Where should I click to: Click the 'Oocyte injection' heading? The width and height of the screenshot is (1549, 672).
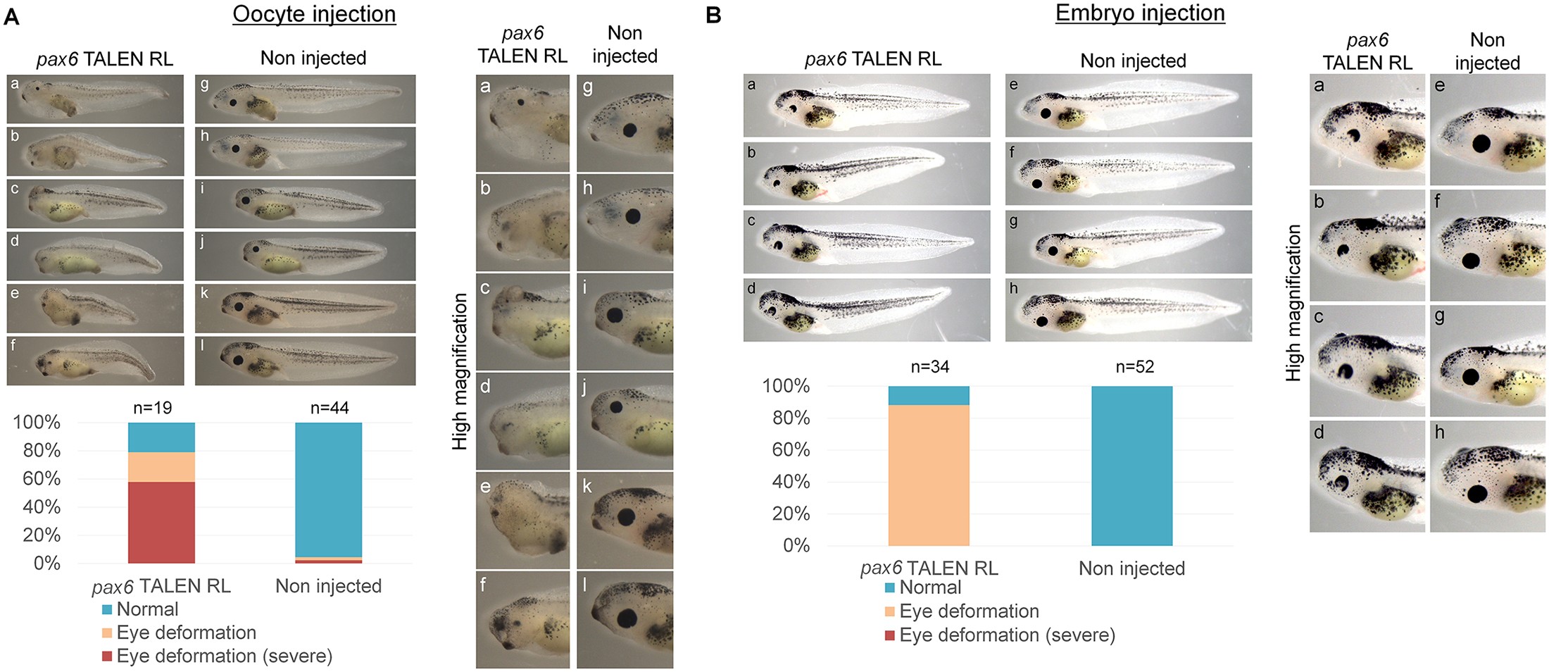pyautogui.click(x=314, y=14)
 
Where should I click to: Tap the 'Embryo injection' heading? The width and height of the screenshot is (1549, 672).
pyautogui.click(x=1140, y=13)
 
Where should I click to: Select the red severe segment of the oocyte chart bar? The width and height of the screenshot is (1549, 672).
pyautogui.click(x=161, y=522)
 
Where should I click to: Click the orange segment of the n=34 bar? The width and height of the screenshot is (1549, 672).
pyautogui.click(x=929, y=475)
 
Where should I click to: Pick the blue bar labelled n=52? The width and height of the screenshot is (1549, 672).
pyautogui.click(x=1131, y=466)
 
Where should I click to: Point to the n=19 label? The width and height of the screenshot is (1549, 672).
pyautogui.click(x=152, y=408)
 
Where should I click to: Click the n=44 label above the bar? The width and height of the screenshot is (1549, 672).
pyautogui.click(x=330, y=408)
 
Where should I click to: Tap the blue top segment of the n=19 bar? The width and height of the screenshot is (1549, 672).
pyautogui.click(x=161, y=437)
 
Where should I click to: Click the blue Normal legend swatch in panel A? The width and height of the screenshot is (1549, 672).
pyautogui.click(x=107, y=609)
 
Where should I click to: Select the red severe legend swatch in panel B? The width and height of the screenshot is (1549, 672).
pyautogui.click(x=890, y=635)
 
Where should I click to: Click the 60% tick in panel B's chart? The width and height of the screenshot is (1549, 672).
pyautogui.click(x=791, y=449)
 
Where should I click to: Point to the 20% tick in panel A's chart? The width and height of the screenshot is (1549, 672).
pyautogui.click(x=42, y=535)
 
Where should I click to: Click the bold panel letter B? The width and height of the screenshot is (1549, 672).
pyautogui.click(x=713, y=15)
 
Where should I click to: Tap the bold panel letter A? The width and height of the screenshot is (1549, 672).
pyautogui.click(x=11, y=17)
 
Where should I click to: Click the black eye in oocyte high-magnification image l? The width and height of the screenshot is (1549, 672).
pyautogui.click(x=627, y=618)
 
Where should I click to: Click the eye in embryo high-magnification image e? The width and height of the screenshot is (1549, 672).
pyautogui.click(x=1482, y=144)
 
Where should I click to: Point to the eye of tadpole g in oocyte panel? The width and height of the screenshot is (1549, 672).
pyautogui.click(x=233, y=102)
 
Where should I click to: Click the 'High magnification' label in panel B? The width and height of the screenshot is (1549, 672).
pyautogui.click(x=1293, y=303)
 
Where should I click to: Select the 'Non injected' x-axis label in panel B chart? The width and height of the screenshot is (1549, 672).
pyautogui.click(x=1131, y=568)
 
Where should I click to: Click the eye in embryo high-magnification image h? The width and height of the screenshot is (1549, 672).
pyautogui.click(x=1477, y=493)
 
